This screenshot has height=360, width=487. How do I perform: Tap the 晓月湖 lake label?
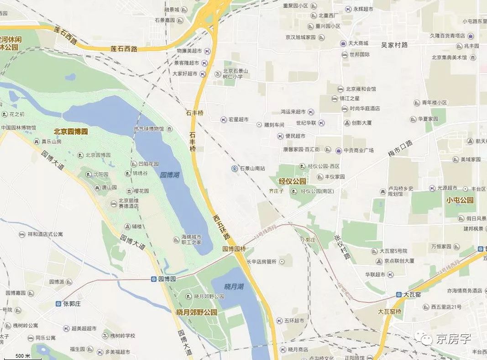(234, 286)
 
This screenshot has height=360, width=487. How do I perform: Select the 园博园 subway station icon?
(154, 279)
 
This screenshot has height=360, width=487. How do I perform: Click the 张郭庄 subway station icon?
(58, 303)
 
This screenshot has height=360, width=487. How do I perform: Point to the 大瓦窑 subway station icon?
(398, 295)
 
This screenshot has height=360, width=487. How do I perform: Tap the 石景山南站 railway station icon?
(234, 168)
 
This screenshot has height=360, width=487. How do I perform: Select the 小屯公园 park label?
(460, 200)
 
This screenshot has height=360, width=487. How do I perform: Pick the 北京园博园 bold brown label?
(70, 132)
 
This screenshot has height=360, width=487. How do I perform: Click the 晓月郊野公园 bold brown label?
(197, 312)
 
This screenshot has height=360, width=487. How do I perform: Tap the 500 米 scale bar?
(23, 356)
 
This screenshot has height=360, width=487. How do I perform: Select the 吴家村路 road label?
(394, 45)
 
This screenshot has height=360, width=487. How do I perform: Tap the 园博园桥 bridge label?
(234, 249)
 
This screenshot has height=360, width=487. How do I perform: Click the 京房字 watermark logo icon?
(426, 339)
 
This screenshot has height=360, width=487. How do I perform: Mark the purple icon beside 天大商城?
(343, 43)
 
